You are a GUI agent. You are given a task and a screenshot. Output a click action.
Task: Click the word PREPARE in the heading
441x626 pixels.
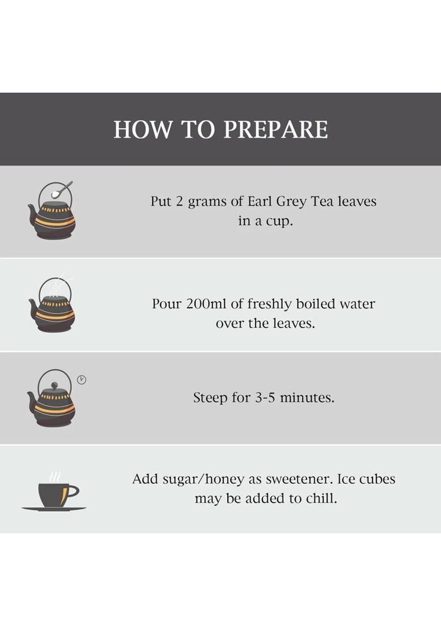click(276, 129)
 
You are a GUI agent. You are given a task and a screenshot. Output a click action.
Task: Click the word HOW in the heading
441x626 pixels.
click(143, 129)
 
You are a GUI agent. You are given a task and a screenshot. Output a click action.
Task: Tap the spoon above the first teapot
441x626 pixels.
click(62, 189)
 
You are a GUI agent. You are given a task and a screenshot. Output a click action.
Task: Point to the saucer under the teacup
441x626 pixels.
click(54, 509)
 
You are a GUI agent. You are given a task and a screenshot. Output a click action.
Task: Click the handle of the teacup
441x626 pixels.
click(73, 490)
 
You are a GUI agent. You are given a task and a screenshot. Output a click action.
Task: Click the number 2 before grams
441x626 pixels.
click(179, 201)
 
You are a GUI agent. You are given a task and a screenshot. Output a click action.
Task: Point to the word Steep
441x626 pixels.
click(210, 398)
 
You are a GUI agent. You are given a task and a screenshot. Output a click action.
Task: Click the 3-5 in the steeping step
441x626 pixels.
click(265, 398)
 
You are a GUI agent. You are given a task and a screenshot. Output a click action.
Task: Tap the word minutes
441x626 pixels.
click(307, 398)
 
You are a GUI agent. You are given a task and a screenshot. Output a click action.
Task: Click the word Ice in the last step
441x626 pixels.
click(345, 479)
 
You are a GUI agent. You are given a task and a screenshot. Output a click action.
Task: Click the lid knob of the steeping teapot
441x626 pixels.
click(54, 385)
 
